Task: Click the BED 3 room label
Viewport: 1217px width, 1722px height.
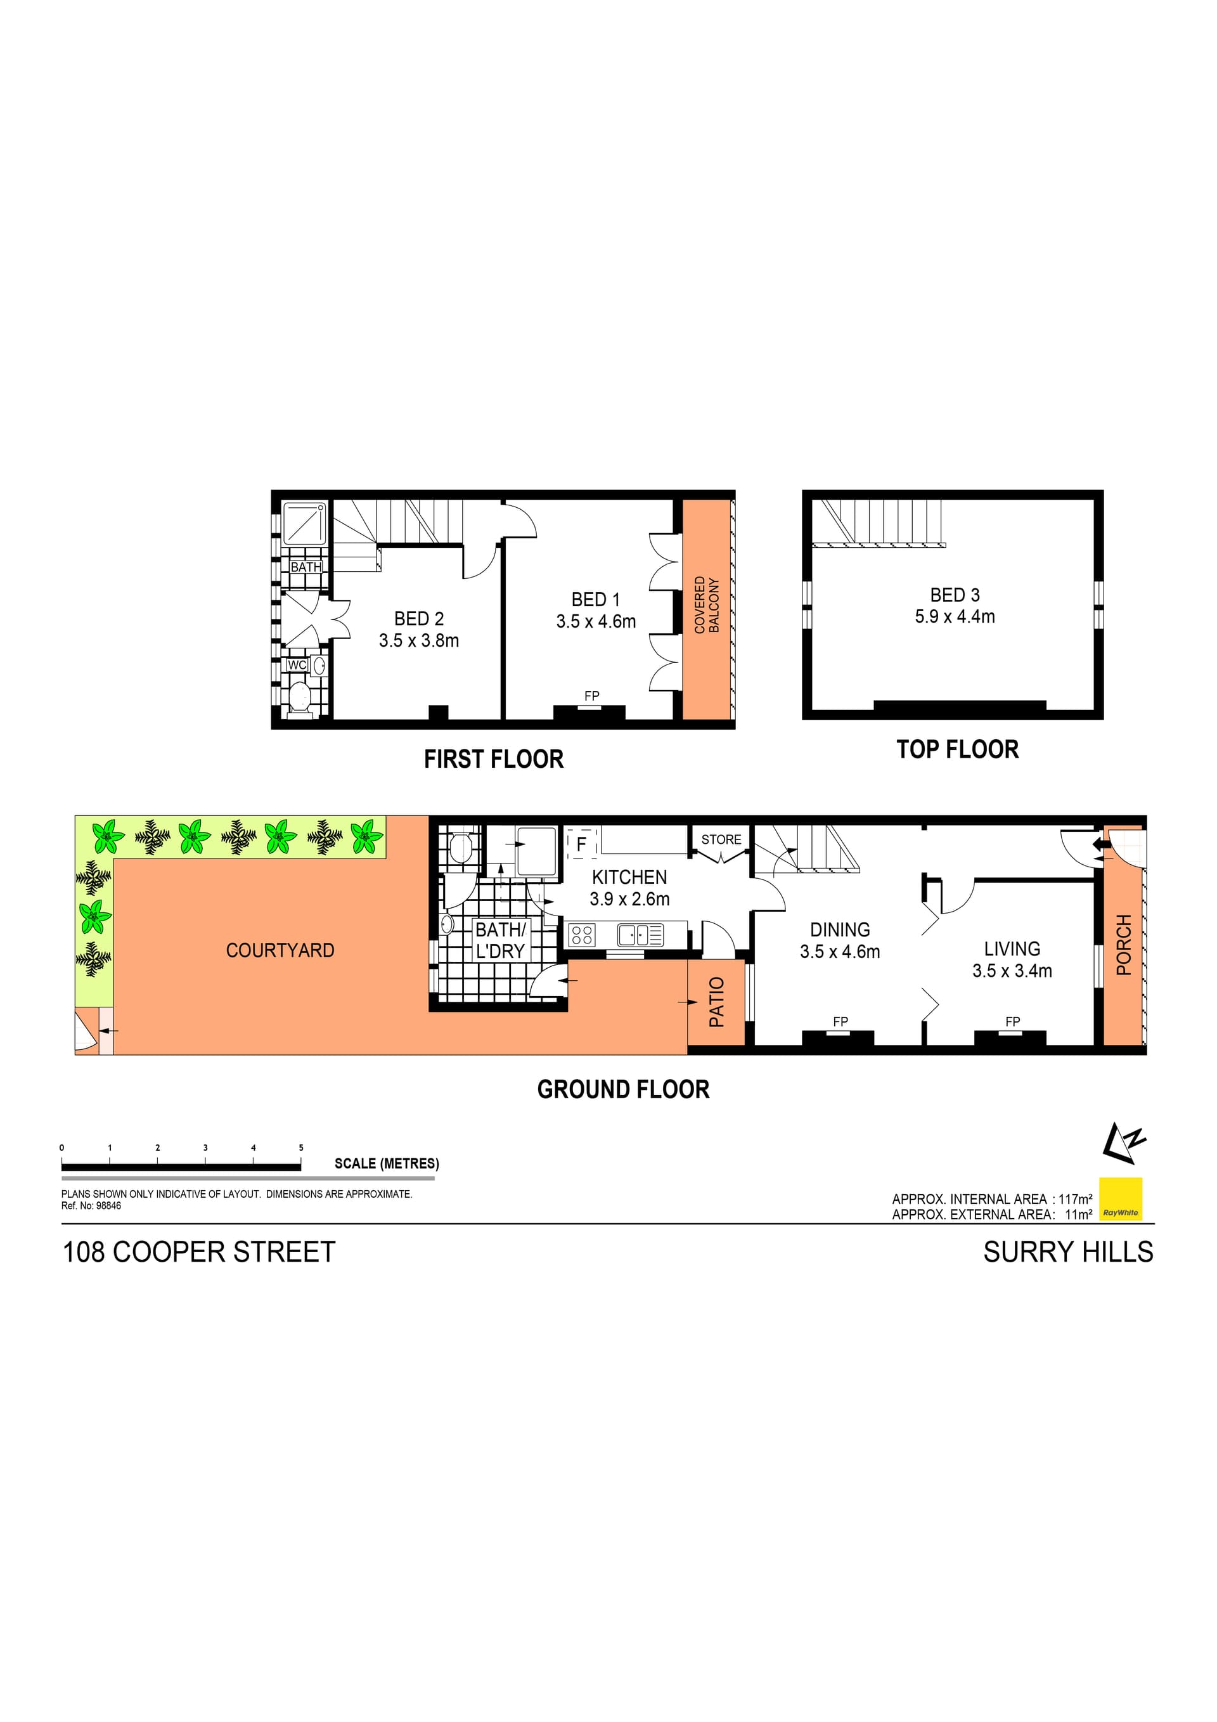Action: (954, 595)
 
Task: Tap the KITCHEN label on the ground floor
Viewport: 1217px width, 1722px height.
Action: (629, 877)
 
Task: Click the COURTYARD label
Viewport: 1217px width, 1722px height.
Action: (280, 950)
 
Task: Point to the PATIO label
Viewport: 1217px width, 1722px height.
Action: (717, 1001)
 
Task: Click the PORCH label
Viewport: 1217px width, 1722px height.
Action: (1123, 944)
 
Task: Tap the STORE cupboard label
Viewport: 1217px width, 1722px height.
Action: (721, 839)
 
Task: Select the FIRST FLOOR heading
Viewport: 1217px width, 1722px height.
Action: (493, 759)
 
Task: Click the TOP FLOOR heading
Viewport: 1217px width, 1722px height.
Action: (957, 749)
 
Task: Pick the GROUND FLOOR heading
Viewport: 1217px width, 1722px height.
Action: (623, 1089)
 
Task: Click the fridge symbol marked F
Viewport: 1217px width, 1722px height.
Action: (581, 844)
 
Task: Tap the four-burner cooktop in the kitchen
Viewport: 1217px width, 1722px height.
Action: (582, 935)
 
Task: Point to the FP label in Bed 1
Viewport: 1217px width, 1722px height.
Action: (591, 696)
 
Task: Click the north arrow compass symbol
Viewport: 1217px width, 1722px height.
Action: (1124, 1144)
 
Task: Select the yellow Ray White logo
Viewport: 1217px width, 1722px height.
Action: (1120, 1198)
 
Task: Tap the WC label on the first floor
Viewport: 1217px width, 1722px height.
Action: (297, 664)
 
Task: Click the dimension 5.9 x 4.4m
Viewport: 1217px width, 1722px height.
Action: (954, 616)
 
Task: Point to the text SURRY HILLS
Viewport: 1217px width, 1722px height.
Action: (1068, 1252)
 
